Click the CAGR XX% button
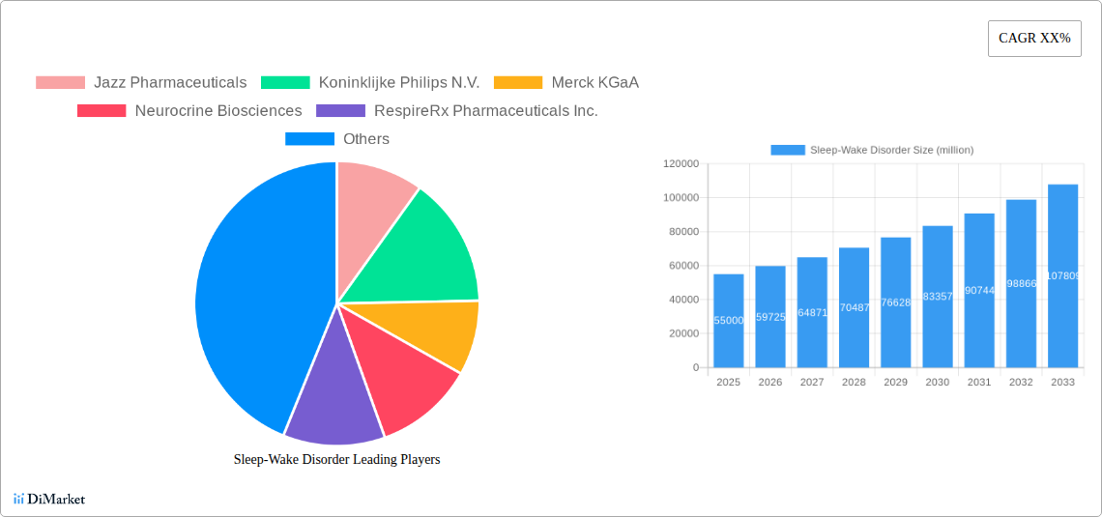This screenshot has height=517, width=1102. tap(1033, 39)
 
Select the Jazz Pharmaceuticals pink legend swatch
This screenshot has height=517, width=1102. tap(60, 83)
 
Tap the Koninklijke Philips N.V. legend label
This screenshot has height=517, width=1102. tap(398, 83)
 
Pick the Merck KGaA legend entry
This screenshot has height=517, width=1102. tap(594, 83)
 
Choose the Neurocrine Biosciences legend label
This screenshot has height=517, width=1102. tap(217, 111)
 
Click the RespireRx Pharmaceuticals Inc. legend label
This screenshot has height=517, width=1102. tap(485, 111)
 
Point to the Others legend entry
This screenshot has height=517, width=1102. tap(365, 139)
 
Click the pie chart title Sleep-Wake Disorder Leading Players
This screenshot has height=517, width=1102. tap(336, 460)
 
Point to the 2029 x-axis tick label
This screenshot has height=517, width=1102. tap(895, 383)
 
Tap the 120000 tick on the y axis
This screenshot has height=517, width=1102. tap(681, 164)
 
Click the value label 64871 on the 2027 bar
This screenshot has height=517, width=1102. tap(812, 312)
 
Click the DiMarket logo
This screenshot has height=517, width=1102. tap(49, 500)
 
